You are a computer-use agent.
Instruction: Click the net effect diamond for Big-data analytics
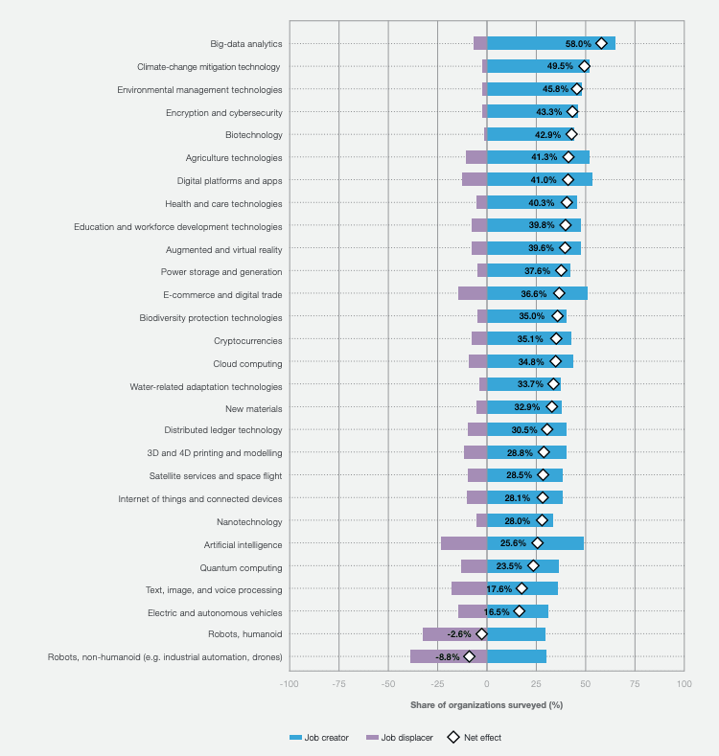(x=601, y=43)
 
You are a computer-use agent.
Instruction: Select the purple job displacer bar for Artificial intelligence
(x=464, y=543)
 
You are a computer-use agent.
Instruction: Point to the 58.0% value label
(x=578, y=44)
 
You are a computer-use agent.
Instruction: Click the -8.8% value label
(x=448, y=657)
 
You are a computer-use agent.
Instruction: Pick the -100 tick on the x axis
(x=289, y=684)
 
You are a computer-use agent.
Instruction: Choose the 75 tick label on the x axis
(x=635, y=684)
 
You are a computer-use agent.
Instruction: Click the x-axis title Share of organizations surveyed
(x=486, y=705)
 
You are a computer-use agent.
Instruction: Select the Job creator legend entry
(x=319, y=738)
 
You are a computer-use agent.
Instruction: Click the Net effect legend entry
(x=475, y=738)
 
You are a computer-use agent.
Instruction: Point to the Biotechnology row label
(x=253, y=135)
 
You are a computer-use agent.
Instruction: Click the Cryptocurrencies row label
(x=247, y=340)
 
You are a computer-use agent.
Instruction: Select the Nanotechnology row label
(x=249, y=522)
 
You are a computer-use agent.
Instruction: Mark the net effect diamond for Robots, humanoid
(x=481, y=634)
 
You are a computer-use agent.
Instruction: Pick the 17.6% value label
(x=499, y=589)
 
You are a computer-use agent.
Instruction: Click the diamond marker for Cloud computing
(x=555, y=362)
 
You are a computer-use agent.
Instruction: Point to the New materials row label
(x=254, y=408)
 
